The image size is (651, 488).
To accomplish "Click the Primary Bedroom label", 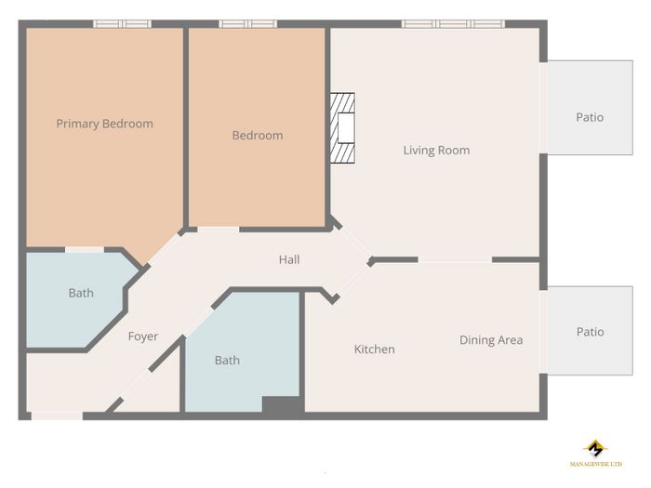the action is click(104, 124).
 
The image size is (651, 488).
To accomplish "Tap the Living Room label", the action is click(436, 151).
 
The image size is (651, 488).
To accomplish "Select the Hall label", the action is click(289, 259).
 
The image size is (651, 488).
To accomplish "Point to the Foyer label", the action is click(143, 336).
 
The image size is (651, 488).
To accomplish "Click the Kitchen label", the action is click(374, 350).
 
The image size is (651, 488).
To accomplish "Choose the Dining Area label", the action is click(491, 340).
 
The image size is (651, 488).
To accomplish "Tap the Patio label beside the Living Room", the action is click(590, 117).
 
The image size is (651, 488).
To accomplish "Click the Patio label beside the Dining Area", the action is click(590, 332).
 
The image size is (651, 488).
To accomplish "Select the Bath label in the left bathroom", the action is click(81, 293).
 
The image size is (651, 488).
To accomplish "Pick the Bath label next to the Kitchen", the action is click(227, 361).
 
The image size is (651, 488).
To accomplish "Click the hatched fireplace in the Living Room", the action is click(342, 128).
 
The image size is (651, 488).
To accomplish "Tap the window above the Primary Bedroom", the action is click(122, 24).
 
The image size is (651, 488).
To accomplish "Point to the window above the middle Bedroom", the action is click(248, 24).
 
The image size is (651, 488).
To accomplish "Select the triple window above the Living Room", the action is click(454, 24).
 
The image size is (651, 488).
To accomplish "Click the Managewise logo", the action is click(596, 454).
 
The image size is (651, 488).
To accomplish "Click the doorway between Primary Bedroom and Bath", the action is click(85, 250).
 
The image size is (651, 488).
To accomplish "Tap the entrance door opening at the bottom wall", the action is click(57, 415).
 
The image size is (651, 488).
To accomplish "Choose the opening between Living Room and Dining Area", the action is click(455, 259).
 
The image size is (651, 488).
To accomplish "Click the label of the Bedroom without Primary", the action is click(258, 136).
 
